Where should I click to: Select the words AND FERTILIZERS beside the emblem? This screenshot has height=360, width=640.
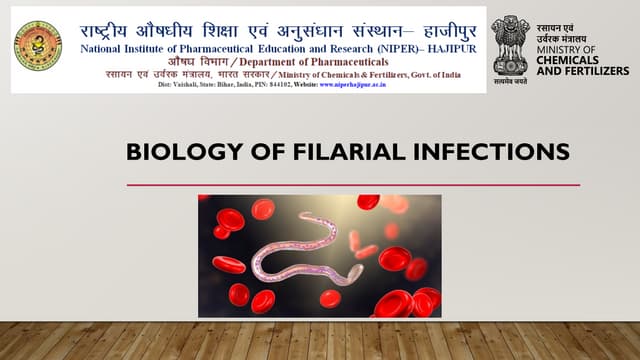click(583, 71)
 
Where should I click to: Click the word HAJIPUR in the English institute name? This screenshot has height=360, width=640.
click(450, 47)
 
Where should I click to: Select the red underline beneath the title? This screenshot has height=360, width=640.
click(353, 184)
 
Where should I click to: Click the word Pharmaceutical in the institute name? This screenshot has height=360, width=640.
click(199, 47)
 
